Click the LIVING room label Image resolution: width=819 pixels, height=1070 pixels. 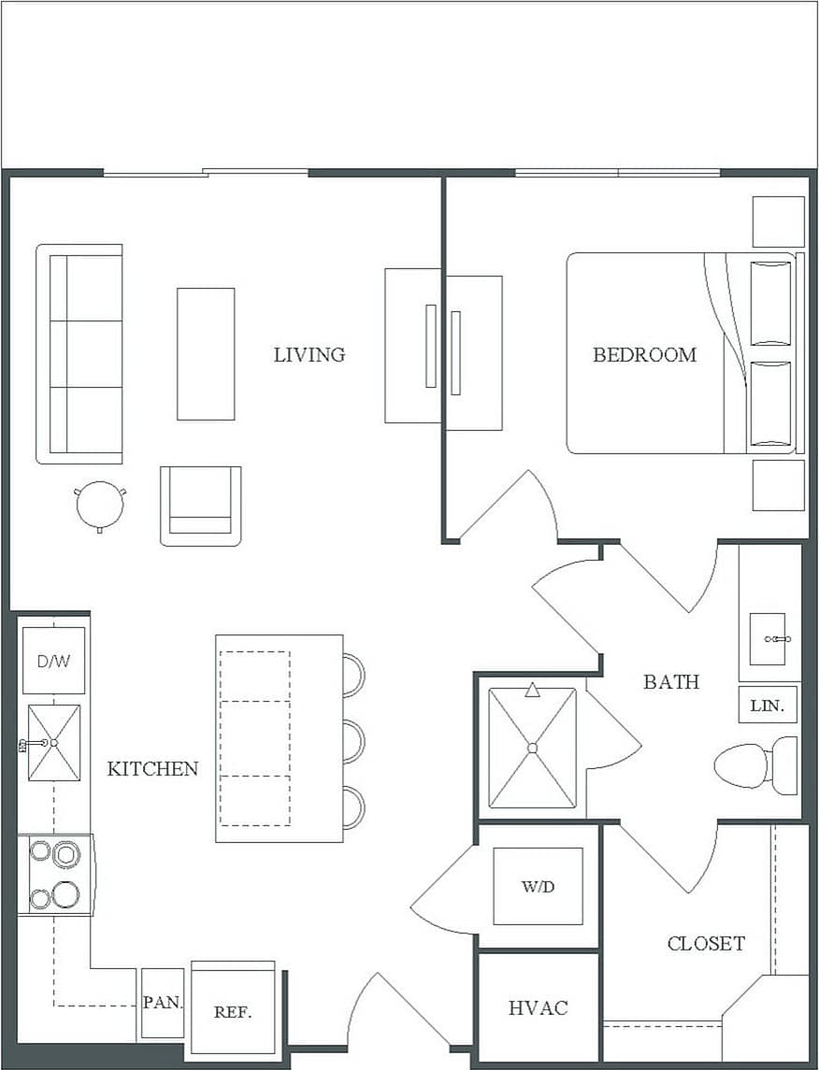pos(309,355)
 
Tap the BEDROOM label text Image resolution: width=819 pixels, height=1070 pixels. pos(644,355)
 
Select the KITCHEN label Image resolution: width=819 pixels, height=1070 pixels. pos(152,769)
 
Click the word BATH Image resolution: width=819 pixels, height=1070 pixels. pos(670,682)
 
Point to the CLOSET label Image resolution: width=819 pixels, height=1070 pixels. pos(706,944)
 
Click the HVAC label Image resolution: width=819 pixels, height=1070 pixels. pos(538,1008)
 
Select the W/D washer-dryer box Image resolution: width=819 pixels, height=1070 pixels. pos(538,886)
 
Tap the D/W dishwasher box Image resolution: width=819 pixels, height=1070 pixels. pos(53,661)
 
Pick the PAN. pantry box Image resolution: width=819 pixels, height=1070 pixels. pos(163,1004)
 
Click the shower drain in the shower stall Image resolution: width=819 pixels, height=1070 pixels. pos(532,748)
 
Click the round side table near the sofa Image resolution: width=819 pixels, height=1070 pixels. pos(99,505)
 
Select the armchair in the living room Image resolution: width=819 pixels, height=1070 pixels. pos(200,506)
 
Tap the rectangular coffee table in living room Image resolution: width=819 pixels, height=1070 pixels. pos(206,354)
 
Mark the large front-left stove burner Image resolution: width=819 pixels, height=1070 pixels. pos(65,893)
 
